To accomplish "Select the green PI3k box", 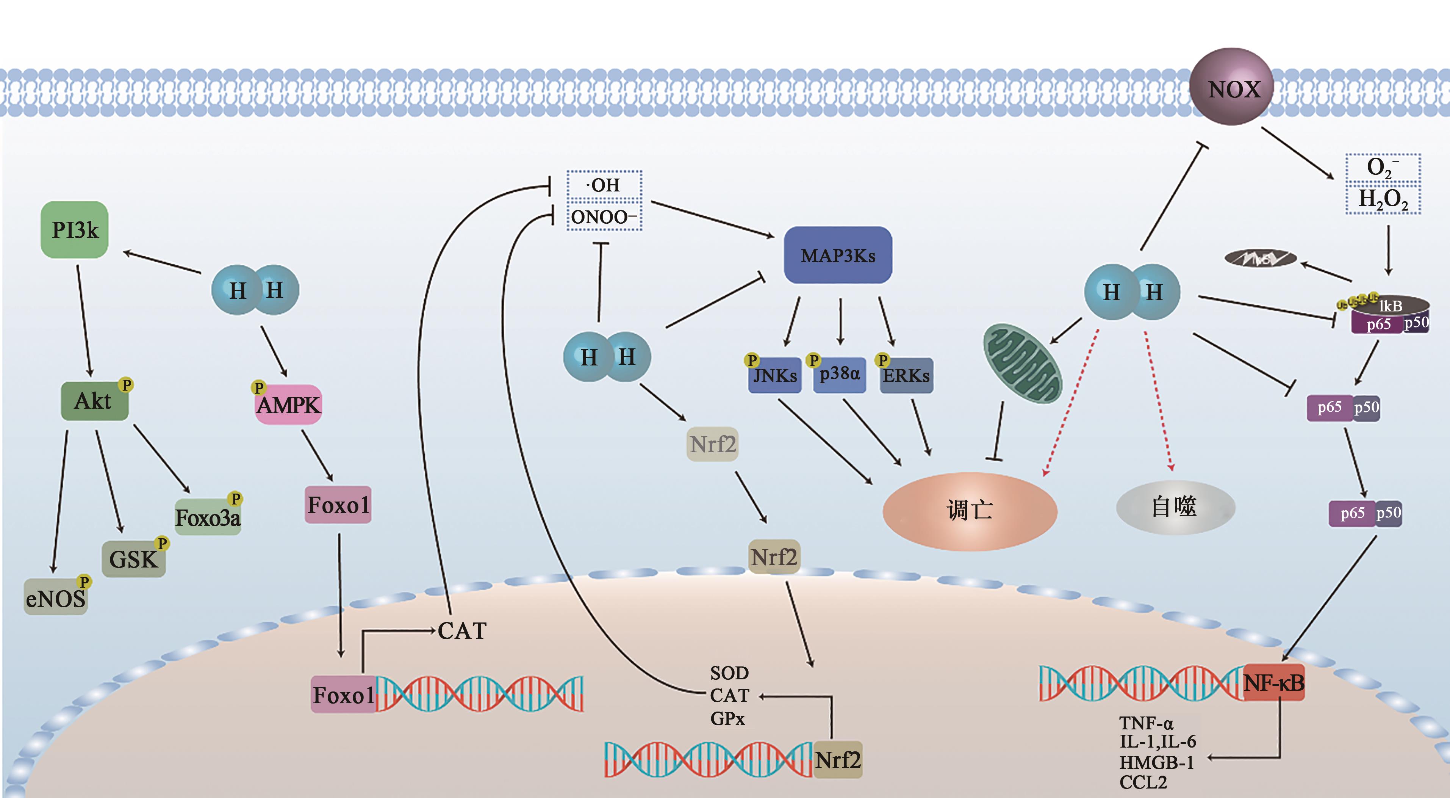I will [74, 230].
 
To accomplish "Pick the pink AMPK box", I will [288, 404].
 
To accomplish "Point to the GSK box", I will [133, 559].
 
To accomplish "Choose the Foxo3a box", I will [208, 517].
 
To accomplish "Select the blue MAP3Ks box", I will [838, 255].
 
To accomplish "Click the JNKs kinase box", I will [774, 375].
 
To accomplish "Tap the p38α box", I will [839, 374].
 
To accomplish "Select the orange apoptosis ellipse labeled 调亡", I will [969, 510].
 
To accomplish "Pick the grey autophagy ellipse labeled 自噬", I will [1175, 507].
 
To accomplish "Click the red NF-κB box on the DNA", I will [1273, 682].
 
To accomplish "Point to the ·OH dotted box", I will [604, 185].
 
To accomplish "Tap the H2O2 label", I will [1383, 199].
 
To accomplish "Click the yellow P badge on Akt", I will [126, 385].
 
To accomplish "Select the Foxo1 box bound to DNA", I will [343, 695].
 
